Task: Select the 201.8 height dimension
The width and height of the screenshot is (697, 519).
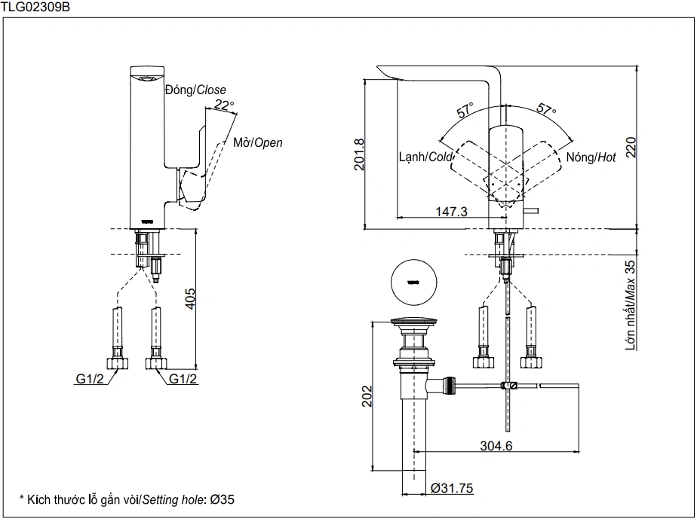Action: point(359,154)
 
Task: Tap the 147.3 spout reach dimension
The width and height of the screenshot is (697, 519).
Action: point(451,212)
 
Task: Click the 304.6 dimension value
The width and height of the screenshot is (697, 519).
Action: point(496,445)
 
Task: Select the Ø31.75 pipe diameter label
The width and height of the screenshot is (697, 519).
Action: point(452,488)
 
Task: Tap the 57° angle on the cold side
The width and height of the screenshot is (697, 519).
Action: point(465,110)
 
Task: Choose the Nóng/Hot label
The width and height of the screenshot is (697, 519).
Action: point(591,157)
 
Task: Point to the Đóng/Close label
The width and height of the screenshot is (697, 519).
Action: point(195,90)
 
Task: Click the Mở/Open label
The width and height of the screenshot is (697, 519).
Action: point(258,142)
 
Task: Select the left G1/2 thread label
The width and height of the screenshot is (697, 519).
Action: point(89,379)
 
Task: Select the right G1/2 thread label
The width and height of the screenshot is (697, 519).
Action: point(183,379)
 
